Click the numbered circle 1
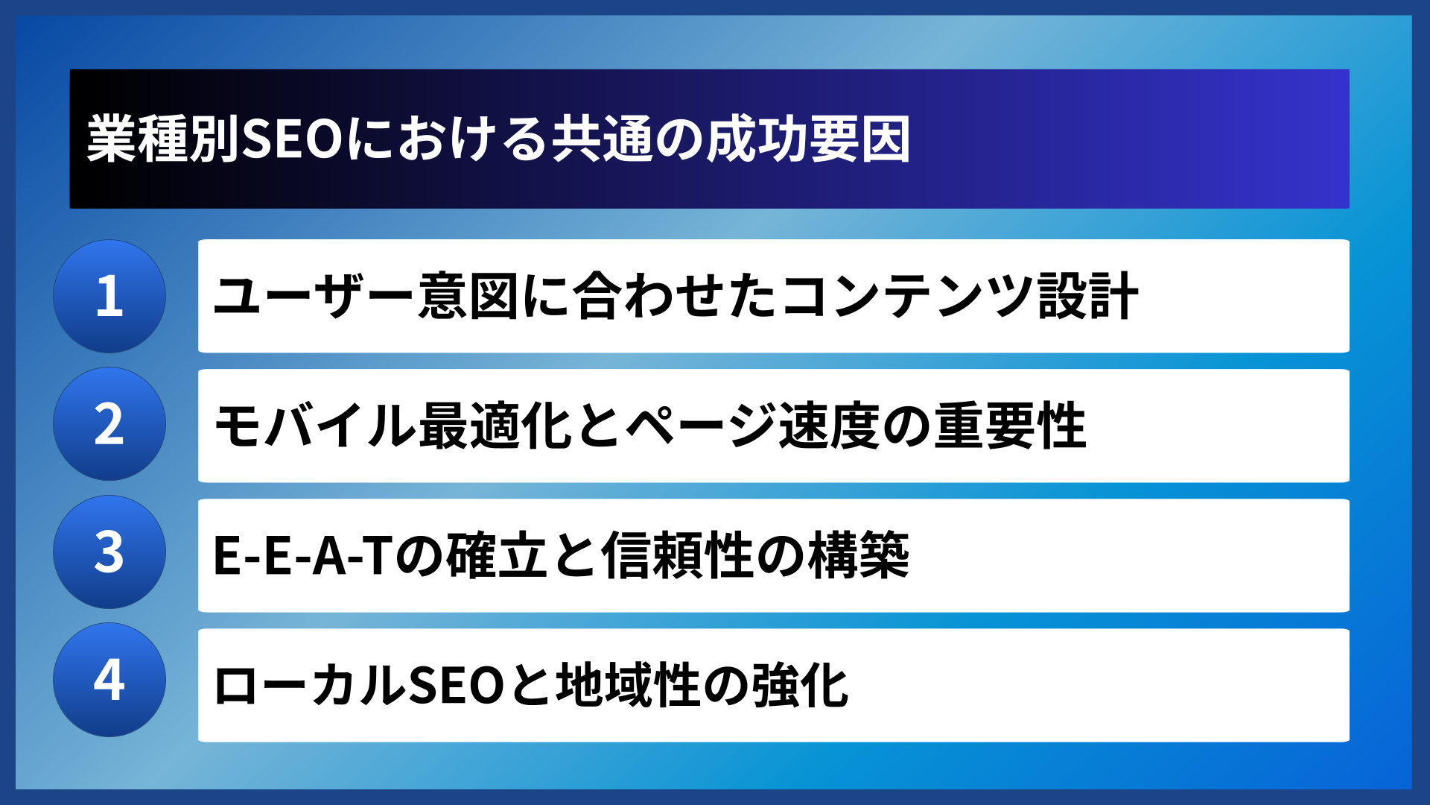(109, 296)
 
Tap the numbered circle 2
(109, 424)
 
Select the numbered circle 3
(109, 552)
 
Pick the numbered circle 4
(109, 680)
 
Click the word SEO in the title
(292, 139)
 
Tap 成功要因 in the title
(808, 139)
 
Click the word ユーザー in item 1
(314, 296)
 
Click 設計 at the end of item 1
(1088, 296)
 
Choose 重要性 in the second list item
(1010, 425)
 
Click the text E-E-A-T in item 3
(302, 555)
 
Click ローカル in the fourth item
(309, 685)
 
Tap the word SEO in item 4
(457, 685)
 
